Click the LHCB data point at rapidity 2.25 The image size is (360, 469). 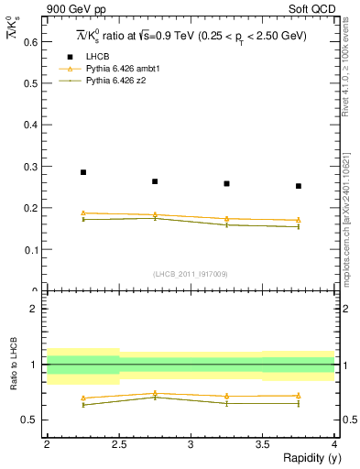pyautogui.click(x=82, y=172)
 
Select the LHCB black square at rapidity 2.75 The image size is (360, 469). pyautogui.click(x=155, y=181)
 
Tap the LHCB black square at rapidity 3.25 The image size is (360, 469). pyautogui.click(x=226, y=183)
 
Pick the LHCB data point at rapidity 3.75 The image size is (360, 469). pyautogui.click(x=299, y=186)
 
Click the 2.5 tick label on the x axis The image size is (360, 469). pyautogui.click(x=118, y=444)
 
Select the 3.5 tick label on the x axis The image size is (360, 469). pyautogui.click(x=262, y=444)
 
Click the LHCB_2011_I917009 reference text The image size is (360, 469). pyautogui.click(x=191, y=274)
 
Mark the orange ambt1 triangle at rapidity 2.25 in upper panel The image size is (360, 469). pyautogui.click(x=82, y=213)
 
